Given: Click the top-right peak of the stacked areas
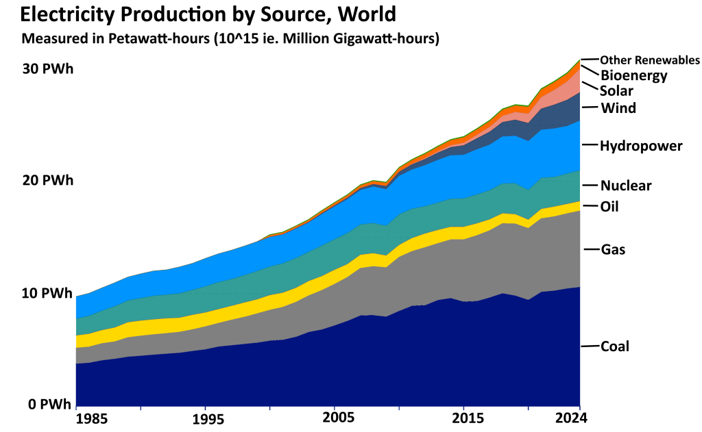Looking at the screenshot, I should click(x=580, y=60).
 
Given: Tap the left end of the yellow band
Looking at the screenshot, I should click(x=77, y=341).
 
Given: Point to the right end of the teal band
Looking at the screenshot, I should click(x=578, y=186).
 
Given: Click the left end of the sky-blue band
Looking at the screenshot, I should click(x=77, y=307).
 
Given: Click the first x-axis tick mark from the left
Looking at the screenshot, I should click(x=76, y=408).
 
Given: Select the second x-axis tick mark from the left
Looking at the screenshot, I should click(x=141, y=408).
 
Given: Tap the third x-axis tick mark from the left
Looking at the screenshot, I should click(x=205, y=408).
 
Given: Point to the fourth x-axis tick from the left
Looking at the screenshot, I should click(x=269, y=408).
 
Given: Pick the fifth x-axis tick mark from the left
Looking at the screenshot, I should click(x=335, y=408).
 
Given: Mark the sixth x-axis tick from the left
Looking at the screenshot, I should click(x=399, y=408).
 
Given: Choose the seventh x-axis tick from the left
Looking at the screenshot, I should click(x=463, y=408).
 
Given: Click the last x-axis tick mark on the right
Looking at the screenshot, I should click(x=580, y=408).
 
